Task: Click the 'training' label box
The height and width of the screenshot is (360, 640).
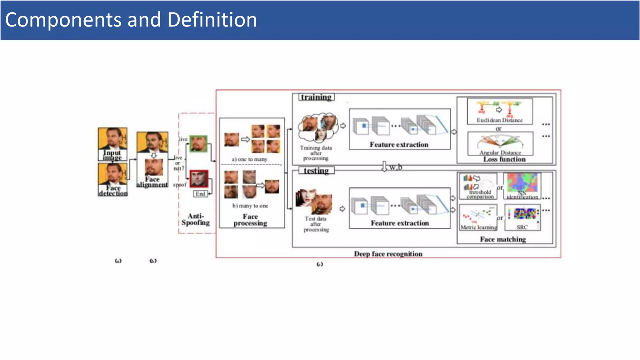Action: click(x=316, y=97)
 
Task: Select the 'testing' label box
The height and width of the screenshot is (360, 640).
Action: click(x=316, y=171)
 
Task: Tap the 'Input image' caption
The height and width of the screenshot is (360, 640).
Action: click(x=112, y=155)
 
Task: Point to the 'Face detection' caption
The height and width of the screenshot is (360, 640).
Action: click(x=113, y=191)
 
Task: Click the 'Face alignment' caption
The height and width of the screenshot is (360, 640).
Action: click(x=152, y=182)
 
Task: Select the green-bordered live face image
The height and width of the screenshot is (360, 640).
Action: click(x=198, y=144)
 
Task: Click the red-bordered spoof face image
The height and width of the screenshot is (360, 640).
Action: click(x=199, y=178)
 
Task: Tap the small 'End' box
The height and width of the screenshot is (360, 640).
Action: click(x=200, y=194)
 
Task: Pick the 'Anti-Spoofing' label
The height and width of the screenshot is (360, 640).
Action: click(x=196, y=219)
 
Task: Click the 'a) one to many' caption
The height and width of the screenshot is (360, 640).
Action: click(x=249, y=159)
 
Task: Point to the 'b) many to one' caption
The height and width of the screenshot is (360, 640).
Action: click(x=250, y=206)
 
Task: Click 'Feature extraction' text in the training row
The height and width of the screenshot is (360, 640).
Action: click(x=399, y=145)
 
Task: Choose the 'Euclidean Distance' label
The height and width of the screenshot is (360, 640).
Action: click(x=499, y=120)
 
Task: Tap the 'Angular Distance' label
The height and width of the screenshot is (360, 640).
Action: click(x=500, y=152)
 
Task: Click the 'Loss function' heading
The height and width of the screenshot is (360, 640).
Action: click(x=504, y=159)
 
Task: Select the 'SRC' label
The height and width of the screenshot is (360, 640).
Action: click(x=522, y=227)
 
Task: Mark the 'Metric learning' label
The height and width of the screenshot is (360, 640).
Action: click(x=478, y=227)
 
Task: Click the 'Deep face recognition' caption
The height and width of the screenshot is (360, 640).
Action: click(x=388, y=254)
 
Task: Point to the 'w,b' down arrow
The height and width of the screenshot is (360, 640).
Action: click(x=384, y=167)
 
